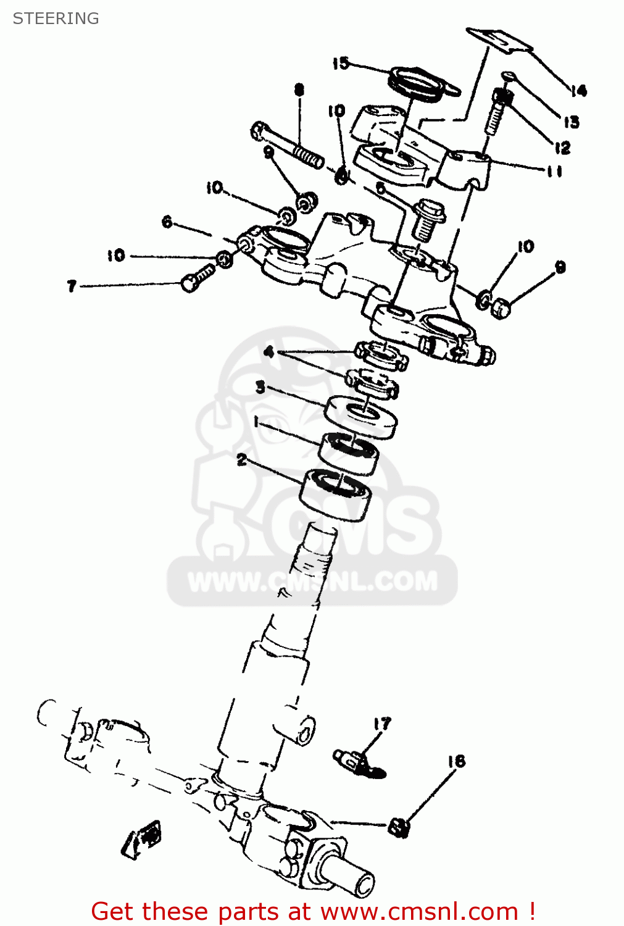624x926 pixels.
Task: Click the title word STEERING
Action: pos(56,19)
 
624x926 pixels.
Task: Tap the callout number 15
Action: pos(340,63)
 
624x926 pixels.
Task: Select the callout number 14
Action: pos(578,91)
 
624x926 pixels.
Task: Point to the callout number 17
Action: pos(382,724)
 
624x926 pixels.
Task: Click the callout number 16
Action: pos(456,761)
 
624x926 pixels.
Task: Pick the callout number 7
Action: pos(72,286)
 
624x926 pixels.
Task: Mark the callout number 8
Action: pos(299,90)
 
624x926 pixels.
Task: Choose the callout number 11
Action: pos(554,172)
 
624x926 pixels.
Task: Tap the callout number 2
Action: pos(241,459)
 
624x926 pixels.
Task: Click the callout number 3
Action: pos(260,387)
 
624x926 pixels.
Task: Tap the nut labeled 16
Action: pos(399,827)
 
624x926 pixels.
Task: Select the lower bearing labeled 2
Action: pos(336,494)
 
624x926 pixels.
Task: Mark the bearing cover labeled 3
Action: pos(361,417)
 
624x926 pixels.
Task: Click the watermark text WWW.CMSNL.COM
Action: pos(312,582)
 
